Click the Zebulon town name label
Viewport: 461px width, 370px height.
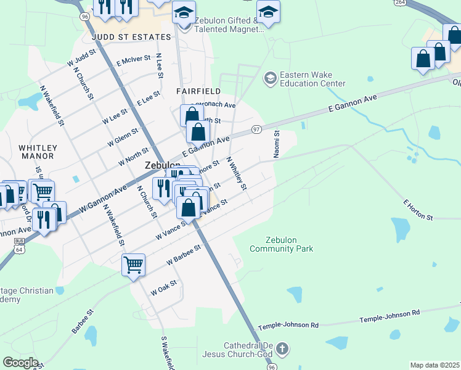[x=162, y=166]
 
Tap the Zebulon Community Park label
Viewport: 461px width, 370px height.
[x=281, y=244]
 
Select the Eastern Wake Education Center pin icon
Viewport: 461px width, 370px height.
[x=269, y=79]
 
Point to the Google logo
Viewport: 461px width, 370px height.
[x=20, y=363]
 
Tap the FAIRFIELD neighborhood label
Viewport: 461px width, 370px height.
[x=198, y=91]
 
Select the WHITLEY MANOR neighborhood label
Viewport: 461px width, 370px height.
[x=38, y=152]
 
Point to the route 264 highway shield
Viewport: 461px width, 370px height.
[x=401, y=4]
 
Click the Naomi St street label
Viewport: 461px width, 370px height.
[x=277, y=143]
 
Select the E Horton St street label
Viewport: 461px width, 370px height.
[x=418, y=210]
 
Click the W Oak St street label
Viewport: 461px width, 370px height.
[x=163, y=287]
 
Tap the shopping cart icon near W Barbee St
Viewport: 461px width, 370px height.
[x=133, y=265]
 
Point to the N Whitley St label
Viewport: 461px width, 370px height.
[x=236, y=173]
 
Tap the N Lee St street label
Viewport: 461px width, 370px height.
[x=159, y=65]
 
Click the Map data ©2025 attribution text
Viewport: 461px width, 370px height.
[x=435, y=365]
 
